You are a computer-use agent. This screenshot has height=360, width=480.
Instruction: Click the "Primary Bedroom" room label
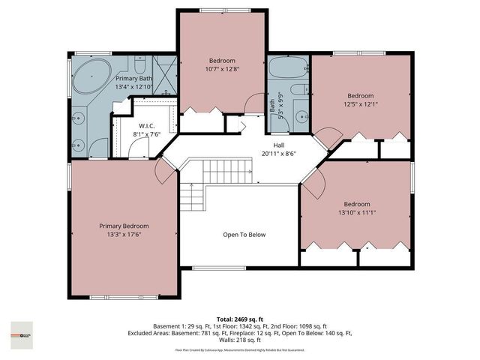(x=124, y=226)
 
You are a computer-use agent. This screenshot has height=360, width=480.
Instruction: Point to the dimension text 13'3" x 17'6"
(x=124, y=235)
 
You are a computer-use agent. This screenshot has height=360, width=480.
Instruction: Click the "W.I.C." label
(x=146, y=126)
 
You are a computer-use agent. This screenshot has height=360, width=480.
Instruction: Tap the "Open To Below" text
(x=244, y=235)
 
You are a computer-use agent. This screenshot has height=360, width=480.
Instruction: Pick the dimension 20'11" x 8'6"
(x=278, y=154)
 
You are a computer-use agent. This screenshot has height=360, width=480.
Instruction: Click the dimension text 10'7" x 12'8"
(x=222, y=70)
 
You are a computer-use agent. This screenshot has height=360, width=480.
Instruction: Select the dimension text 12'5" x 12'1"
(x=361, y=103)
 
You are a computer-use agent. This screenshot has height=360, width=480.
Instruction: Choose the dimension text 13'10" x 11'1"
(x=357, y=213)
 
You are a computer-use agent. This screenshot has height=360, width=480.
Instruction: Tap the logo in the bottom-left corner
(x=22, y=331)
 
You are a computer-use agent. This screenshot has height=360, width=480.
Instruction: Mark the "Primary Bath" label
(x=133, y=78)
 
